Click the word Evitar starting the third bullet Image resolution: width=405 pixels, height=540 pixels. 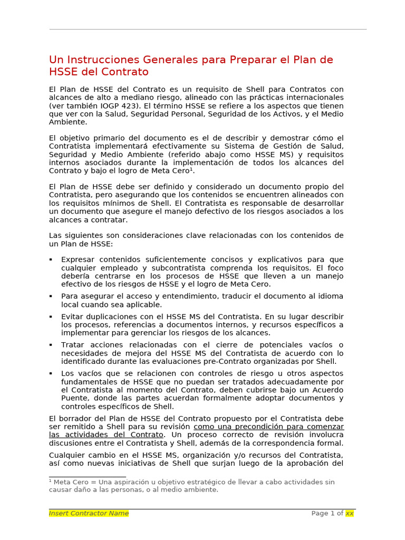72,316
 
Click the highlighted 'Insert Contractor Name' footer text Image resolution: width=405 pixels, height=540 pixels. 89,513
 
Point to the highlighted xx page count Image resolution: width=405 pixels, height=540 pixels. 350,513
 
